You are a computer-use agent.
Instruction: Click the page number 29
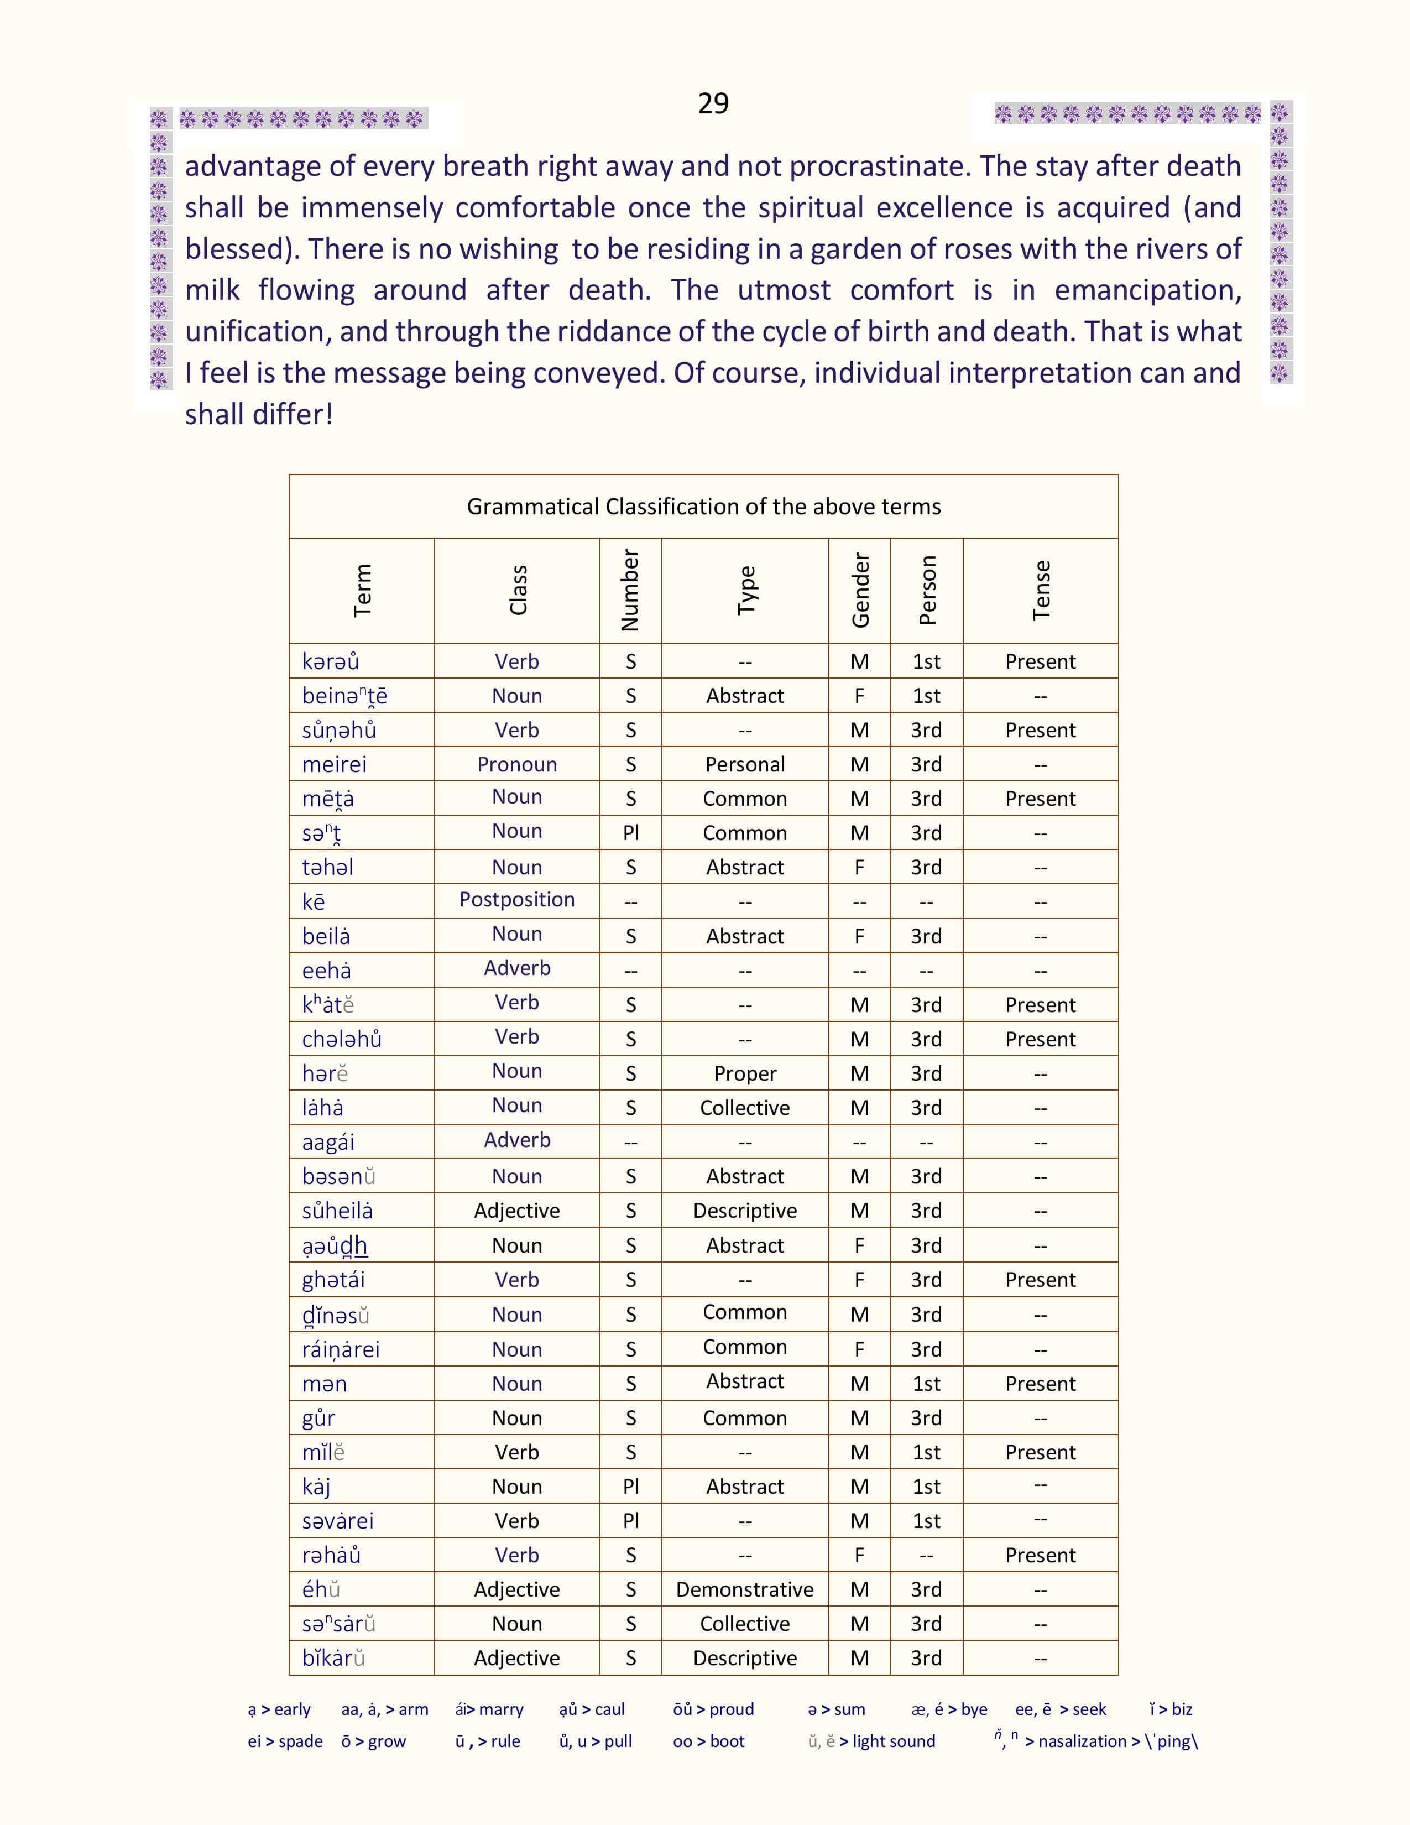tap(713, 103)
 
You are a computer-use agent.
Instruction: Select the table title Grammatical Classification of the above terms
tap(703, 507)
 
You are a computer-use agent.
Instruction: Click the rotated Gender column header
tap(859, 590)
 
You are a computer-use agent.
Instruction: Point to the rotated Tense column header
tap(1041, 590)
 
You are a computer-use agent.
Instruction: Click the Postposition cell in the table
tap(517, 899)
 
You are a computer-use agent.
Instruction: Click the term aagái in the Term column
tap(328, 1141)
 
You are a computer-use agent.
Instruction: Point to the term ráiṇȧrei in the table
tap(341, 1349)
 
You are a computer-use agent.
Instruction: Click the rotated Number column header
tap(631, 590)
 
